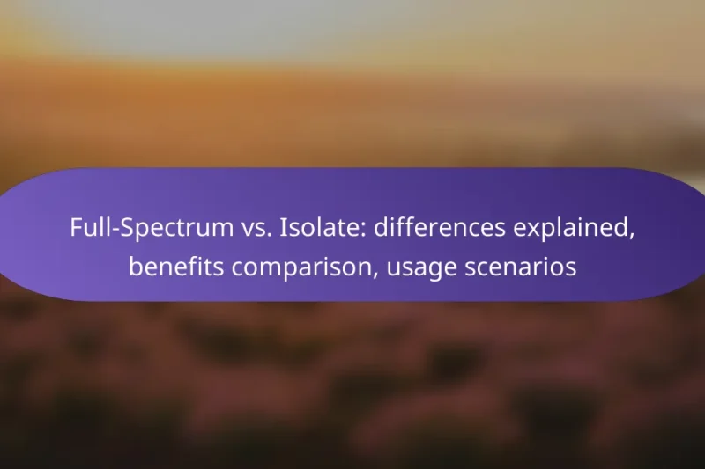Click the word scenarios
point(522,267)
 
